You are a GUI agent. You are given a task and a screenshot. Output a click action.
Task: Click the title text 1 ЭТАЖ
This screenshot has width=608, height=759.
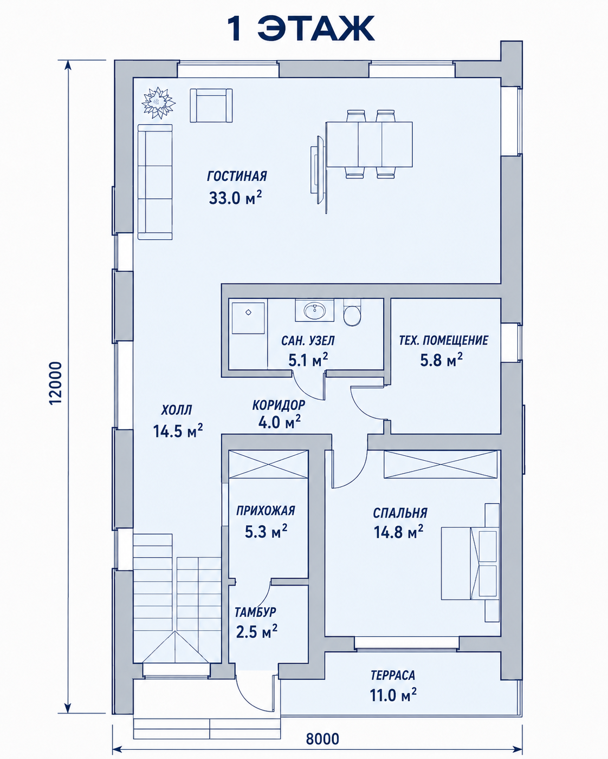[x=300, y=29]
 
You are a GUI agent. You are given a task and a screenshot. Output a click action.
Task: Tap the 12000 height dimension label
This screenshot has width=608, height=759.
[x=56, y=383]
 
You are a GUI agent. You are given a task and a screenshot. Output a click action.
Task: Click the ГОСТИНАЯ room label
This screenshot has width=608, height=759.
[x=237, y=176]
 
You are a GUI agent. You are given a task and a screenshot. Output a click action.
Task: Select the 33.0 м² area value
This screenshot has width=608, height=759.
[x=235, y=198]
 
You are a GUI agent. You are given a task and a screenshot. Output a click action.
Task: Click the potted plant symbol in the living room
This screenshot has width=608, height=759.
[x=159, y=103]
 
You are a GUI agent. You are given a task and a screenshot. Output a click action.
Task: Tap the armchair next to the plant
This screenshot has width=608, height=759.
[x=211, y=106]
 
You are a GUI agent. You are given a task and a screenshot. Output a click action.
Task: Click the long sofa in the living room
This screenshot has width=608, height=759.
[x=155, y=182]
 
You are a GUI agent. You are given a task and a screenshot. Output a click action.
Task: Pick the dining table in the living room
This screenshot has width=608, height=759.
[x=370, y=144]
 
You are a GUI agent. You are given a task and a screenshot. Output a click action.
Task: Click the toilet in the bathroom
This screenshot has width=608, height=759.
[x=352, y=312]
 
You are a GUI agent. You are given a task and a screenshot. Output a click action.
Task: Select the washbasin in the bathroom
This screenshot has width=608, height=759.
[x=315, y=310]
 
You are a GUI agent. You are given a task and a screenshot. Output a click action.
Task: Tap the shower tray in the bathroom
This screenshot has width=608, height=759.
[x=248, y=318]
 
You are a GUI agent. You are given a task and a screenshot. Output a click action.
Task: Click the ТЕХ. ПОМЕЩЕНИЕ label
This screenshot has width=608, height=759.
[x=443, y=341]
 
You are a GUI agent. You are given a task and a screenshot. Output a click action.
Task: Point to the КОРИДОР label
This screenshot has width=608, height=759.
[x=279, y=405]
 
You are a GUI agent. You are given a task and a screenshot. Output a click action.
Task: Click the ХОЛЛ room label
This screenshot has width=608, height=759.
[x=177, y=410]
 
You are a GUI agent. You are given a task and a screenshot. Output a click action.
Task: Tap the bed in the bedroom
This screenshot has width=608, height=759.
[x=470, y=563]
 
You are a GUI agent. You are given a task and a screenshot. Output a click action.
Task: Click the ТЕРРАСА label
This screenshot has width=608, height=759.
[x=393, y=675]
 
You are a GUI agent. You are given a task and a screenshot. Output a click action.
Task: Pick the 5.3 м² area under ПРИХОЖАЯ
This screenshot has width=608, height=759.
[x=266, y=532]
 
